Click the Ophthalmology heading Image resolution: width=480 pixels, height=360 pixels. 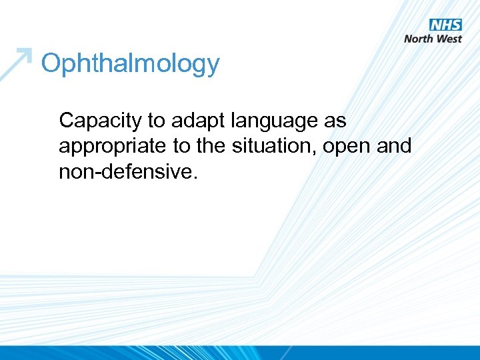click(130, 65)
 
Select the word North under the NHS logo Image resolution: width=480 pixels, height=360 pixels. click(418, 39)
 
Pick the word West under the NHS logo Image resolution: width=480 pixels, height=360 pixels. click(449, 39)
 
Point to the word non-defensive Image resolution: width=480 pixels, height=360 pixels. click(127, 172)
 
